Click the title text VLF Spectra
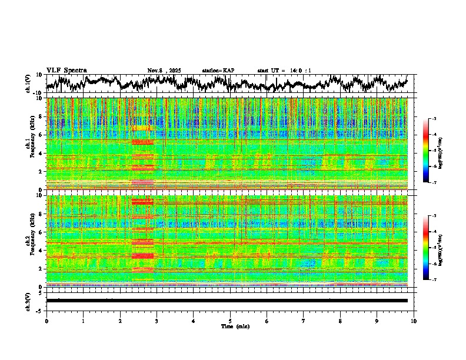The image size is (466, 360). click(66, 71)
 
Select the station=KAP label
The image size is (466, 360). click(218, 71)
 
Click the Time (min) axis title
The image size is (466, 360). click(234, 326)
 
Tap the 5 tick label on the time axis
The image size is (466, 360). click(230, 321)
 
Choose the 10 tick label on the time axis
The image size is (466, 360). click(414, 321)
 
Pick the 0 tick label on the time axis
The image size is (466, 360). click(46, 321)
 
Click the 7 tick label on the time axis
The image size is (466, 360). click(304, 321)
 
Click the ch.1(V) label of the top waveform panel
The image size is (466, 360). click(28, 84)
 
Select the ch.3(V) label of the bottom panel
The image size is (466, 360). click(28, 301)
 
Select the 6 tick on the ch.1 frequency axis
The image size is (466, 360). click(40, 135)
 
